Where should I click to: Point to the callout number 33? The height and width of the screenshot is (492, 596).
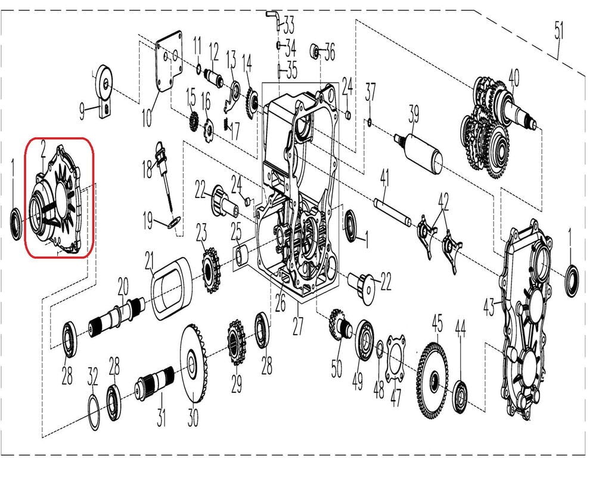point(288,26)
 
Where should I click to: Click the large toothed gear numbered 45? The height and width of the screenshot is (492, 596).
point(433,379)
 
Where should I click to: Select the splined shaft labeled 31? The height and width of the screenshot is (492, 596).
point(156,382)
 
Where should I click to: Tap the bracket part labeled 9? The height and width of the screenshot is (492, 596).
point(104,89)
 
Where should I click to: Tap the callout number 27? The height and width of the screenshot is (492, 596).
point(298,326)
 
